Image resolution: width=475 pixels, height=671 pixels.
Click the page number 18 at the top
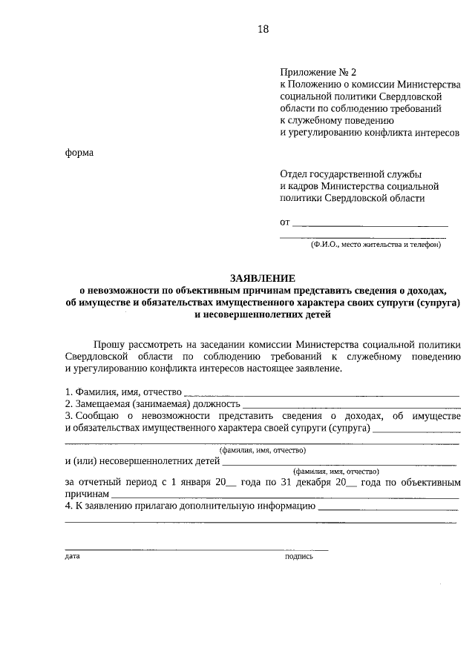coord(262,29)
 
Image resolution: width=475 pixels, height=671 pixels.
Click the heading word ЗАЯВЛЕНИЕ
coord(262,278)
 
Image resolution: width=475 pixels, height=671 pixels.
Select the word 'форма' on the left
coord(79,153)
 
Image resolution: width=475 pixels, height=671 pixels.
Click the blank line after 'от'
coord(370,222)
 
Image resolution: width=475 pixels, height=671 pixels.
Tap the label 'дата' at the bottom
coord(72,555)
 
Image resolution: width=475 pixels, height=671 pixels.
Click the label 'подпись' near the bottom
coord(299,555)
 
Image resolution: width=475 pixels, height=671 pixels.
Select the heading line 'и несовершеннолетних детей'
coord(262,314)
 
